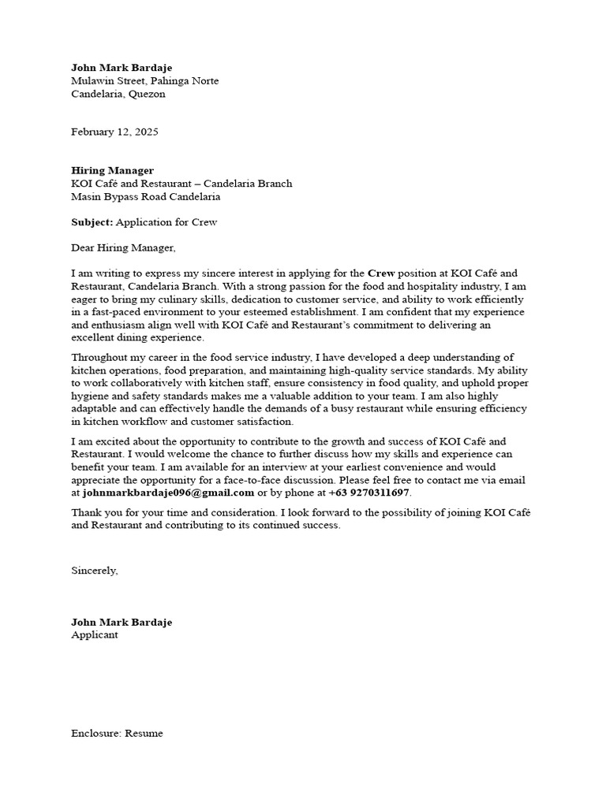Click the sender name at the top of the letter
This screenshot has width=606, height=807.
pos(121,68)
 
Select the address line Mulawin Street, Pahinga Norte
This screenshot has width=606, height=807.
pos(144,81)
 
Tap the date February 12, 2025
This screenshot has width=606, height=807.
pos(114,132)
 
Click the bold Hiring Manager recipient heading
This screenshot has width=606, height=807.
pos(112,170)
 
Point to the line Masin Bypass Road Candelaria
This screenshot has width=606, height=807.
pos(145,196)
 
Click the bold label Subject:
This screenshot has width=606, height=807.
pos(92,222)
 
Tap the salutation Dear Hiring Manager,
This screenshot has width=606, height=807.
pos(124,247)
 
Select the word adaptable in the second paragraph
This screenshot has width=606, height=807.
pos(94,409)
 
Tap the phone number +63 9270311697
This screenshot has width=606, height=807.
pos(368,493)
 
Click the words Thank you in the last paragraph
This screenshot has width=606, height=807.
pos(92,512)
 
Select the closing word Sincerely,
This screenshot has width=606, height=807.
pos(95,570)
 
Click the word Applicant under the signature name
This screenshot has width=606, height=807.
pos(95,634)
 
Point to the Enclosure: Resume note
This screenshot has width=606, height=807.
pos(117,733)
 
